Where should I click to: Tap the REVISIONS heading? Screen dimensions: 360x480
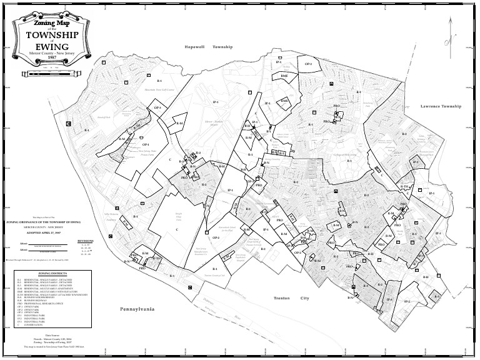click(x=84, y=239)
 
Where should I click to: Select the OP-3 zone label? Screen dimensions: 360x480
click(x=157, y=108)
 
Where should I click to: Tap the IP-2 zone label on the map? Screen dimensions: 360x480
click(x=406, y=301)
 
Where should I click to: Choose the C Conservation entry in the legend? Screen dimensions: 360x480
click(x=31, y=326)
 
